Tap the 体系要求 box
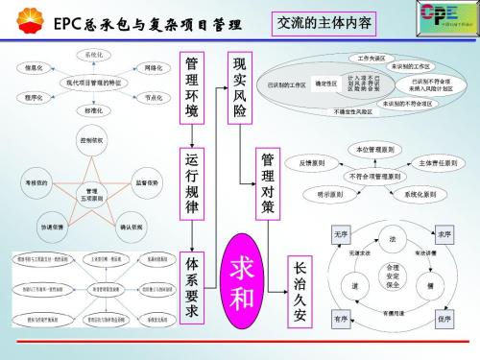pyautogui.click(x=192, y=284)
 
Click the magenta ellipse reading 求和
pyautogui.click(x=245, y=284)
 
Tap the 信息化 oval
pyautogui.click(x=33, y=69)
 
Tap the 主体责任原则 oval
pyautogui.click(x=438, y=163)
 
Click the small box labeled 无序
pyautogui.click(x=341, y=234)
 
